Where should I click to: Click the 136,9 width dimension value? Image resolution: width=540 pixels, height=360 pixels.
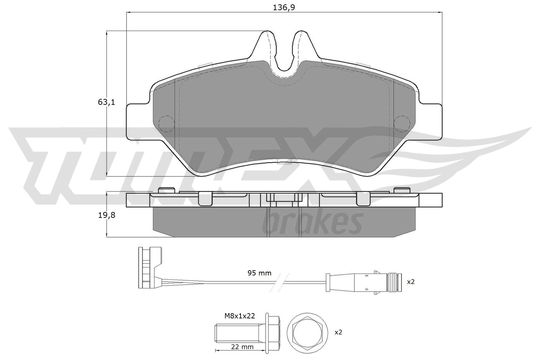[284, 7]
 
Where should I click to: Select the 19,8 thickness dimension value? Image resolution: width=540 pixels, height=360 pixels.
[106, 215]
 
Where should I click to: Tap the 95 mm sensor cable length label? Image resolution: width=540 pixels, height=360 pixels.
[260, 273]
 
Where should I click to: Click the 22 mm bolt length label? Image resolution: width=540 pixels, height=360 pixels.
[242, 347]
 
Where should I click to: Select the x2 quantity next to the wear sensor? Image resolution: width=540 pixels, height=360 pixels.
[410, 282]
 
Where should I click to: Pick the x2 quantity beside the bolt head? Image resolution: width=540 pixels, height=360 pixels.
[338, 332]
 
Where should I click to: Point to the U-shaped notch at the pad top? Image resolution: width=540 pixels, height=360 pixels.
[284, 54]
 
